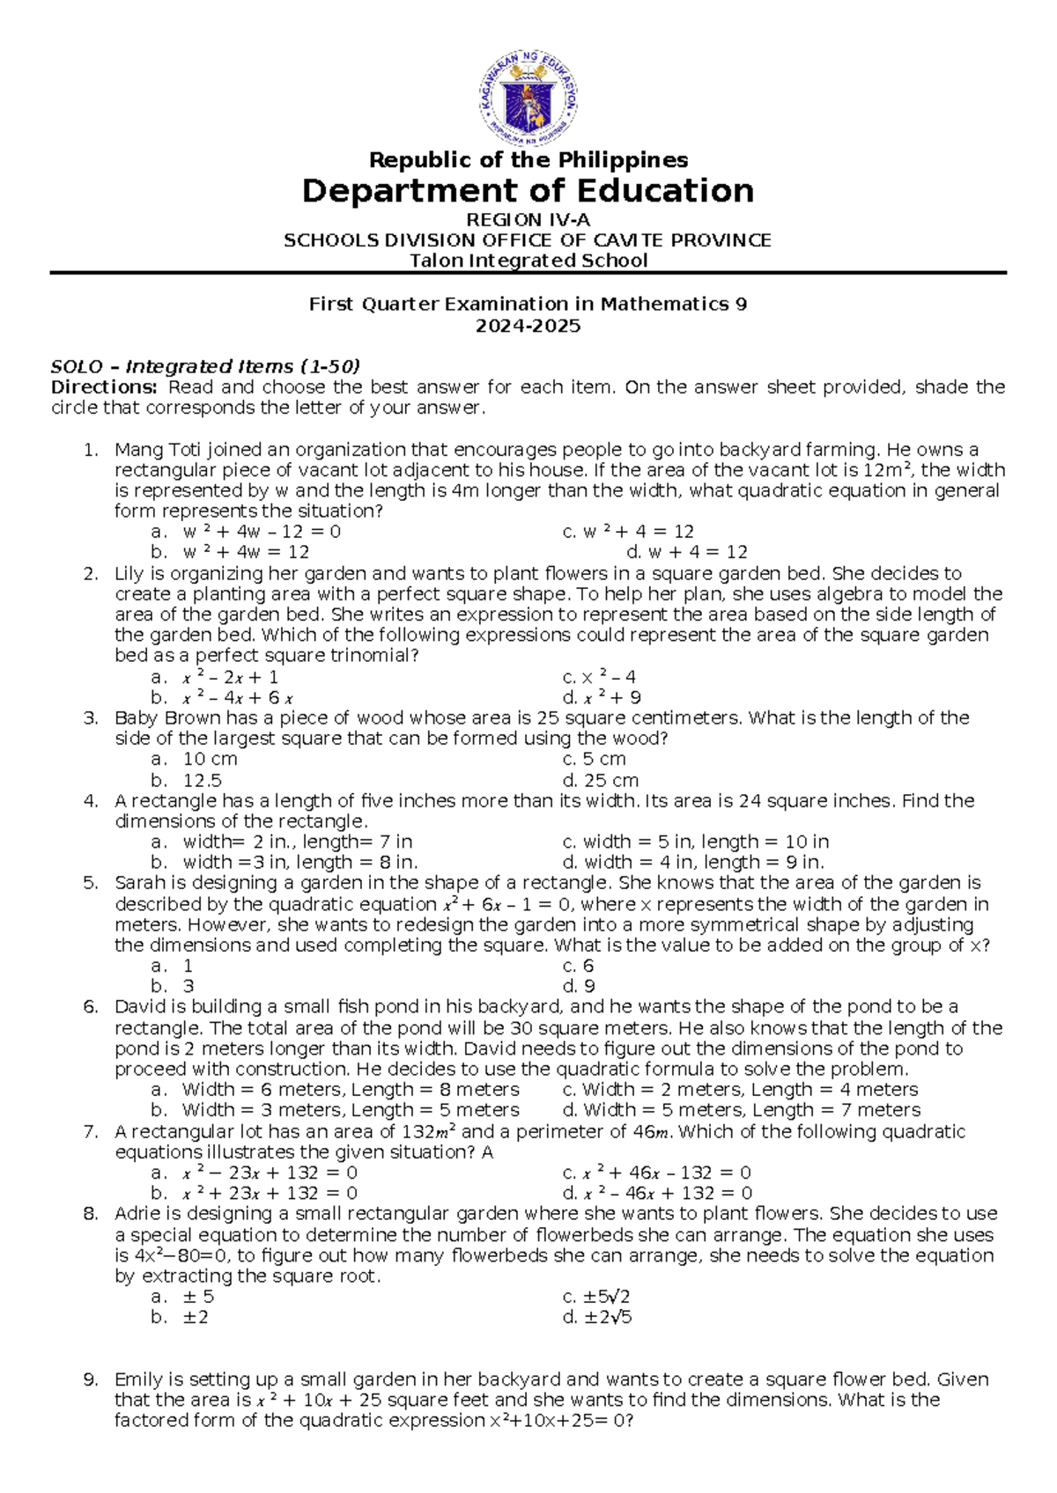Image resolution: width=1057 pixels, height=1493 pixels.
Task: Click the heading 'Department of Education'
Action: pyautogui.click(x=528, y=191)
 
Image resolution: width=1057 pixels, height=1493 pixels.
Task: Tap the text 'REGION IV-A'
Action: pyautogui.click(x=528, y=220)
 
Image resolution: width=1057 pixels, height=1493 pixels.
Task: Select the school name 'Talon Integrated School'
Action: pyautogui.click(x=528, y=261)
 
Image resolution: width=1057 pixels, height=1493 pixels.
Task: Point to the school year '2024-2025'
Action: pyautogui.click(x=528, y=327)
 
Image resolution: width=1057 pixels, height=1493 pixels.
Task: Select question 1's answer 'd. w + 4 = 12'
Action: pyautogui.click(x=686, y=552)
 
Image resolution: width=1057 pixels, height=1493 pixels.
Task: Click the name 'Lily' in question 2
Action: pyautogui.click(x=129, y=574)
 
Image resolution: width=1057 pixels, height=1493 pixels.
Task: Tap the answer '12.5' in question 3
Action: pyautogui.click(x=202, y=780)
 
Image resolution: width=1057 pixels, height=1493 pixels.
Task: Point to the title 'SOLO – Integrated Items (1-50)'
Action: pyautogui.click(x=206, y=366)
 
